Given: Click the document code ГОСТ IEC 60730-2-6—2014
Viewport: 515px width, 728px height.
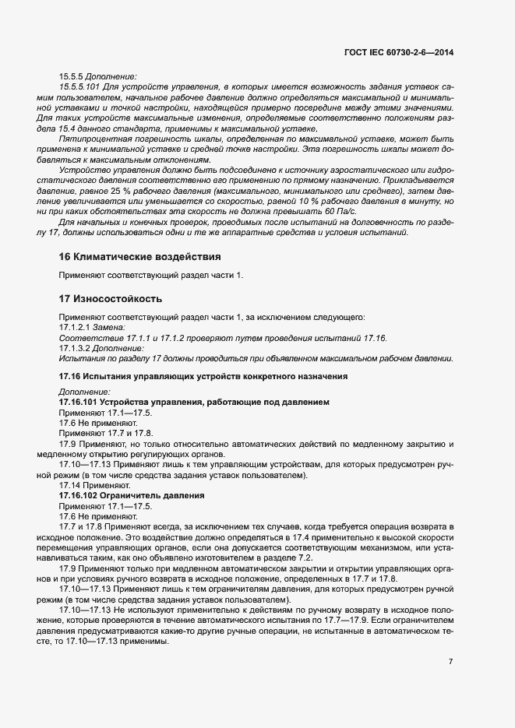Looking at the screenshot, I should coord(398,52).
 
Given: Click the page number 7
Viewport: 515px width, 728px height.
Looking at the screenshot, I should coord(451,661).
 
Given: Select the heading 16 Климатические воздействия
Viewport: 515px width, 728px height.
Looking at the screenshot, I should coord(140,256).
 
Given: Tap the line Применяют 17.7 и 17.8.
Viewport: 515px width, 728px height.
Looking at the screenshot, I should coord(106,433).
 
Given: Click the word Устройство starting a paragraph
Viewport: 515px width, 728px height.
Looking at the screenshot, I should coord(82,169).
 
